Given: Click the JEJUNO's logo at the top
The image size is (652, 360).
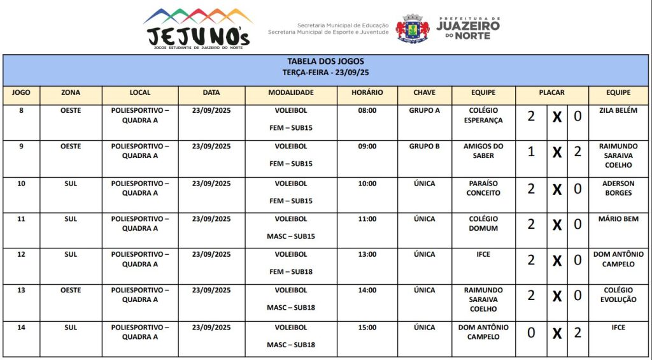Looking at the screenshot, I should tap(198, 29).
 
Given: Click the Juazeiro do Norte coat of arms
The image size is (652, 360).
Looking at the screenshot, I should tap(412, 28).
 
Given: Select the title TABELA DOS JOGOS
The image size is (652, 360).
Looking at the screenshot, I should tap(325, 62).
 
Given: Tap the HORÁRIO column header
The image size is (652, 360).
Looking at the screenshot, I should tap(367, 92).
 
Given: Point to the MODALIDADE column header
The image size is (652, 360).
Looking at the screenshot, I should tap(290, 92).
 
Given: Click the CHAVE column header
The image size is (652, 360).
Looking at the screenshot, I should tap(424, 92).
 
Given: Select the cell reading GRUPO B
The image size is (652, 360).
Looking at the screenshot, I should tap(424, 146).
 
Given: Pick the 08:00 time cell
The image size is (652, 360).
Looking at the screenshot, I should tap(367, 110).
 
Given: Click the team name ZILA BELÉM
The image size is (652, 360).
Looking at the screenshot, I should tap(618, 110).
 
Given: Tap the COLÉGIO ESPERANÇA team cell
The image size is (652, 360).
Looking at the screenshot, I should tap(483, 115).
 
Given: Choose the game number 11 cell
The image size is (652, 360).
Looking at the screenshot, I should tap(21, 219).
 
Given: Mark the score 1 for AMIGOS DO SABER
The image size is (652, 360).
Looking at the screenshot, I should tap(531, 152).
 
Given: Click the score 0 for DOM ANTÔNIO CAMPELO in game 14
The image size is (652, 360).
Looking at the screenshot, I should tap(531, 333).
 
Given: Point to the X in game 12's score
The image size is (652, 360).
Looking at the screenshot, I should tap(556, 261).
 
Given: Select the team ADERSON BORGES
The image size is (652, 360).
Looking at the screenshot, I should tap(618, 188).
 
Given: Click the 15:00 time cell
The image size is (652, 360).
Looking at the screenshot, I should tap(367, 328).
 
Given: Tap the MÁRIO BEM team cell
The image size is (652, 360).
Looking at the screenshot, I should tap(618, 219).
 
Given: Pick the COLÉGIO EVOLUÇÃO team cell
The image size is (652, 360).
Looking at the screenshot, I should tap(618, 295).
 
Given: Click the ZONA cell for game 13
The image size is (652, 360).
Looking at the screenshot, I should tap(71, 290).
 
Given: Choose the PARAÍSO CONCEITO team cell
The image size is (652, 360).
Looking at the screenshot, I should tap(483, 188).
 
